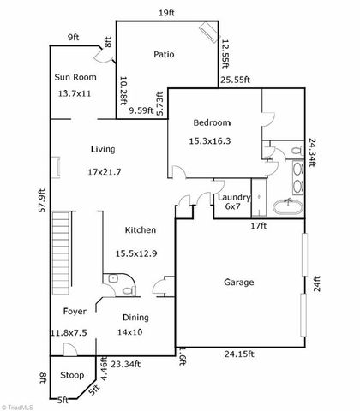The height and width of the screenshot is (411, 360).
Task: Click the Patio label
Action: click(164, 54)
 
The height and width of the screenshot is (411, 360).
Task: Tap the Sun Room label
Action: click(75, 77)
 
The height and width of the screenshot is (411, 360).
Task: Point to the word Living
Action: click(102, 150)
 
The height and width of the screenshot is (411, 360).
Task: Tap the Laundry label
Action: click(232, 197)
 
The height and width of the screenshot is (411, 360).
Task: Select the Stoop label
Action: click(71, 375)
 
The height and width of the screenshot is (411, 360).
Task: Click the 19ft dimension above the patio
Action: click(165, 13)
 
